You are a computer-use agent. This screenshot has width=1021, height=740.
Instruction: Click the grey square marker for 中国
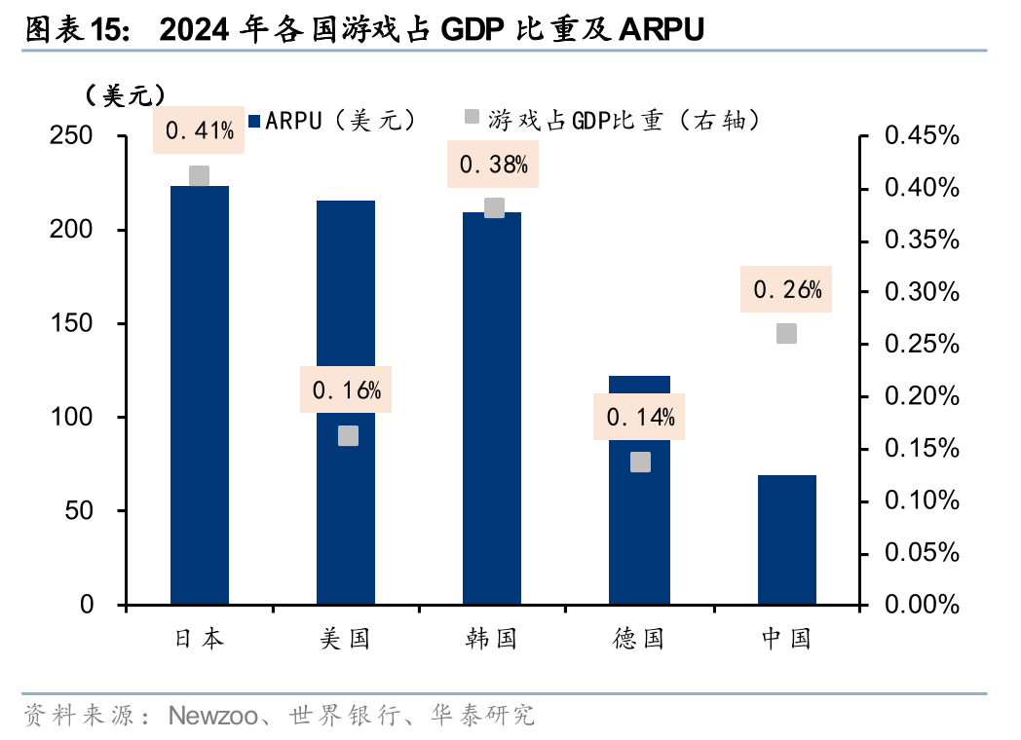pyautogui.click(x=786, y=334)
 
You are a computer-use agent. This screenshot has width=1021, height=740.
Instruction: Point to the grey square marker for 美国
pyautogui.click(x=348, y=435)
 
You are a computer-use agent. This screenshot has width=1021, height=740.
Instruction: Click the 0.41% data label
pyautogui.click(x=199, y=130)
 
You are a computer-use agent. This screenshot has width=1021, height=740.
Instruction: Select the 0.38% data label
pyautogui.click(x=493, y=165)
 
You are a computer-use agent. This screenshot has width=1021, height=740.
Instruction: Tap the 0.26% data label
pyautogui.click(x=787, y=289)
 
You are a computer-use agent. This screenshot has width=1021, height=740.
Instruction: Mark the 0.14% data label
pyautogui.click(x=640, y=418)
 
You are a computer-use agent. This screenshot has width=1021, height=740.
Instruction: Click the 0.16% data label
pyautogui.click(x=346, y=390)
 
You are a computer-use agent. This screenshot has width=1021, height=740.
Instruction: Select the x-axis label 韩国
pyautogui.click(x=491, y=639)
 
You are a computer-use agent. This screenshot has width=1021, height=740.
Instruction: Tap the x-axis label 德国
pyautogui.click(x=638, y=639)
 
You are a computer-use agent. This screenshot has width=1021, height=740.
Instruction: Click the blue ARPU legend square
pyautogui.click(x=255, y=121)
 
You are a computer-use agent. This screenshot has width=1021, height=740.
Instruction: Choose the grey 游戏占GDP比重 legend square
pyautogui.click(x=471, y=118)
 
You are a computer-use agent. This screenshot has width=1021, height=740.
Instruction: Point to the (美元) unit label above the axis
pyautogui.click(x=124, y=94)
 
